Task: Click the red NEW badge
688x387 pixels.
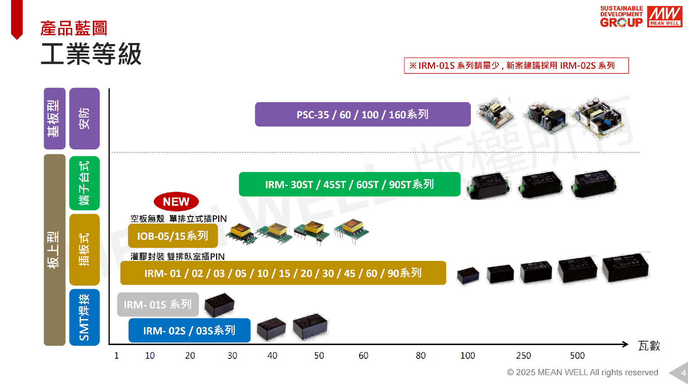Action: tap(176, 202)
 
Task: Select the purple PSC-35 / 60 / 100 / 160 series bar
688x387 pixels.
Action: tap(363, 114)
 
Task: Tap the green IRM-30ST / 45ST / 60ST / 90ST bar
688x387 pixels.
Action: tap(349, 184)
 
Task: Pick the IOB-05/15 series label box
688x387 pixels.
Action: tap(173, 236)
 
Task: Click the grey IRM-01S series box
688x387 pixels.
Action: tap(158, 305)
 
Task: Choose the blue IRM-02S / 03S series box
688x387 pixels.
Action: tap(189, 330)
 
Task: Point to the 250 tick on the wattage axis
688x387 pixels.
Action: tap(523, 355)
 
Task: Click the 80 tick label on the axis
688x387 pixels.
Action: tap(420, 355)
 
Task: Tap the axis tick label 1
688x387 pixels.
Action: tap(116, 355)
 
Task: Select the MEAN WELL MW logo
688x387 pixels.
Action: tap(665, 16)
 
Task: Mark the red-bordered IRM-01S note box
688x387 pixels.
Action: tap(516, 66)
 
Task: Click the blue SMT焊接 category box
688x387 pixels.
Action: tap(84, 317)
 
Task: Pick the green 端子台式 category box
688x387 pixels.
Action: tap(84, 183)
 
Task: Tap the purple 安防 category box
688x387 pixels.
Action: tap(84, 118)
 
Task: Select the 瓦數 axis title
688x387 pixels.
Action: tap(649, 346)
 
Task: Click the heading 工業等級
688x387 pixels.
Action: tap(91, 54)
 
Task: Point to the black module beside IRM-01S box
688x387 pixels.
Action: tap(219, 305)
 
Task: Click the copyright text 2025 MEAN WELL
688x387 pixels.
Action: tap(582, 372)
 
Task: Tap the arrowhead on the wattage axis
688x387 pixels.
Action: tap(625, 344)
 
